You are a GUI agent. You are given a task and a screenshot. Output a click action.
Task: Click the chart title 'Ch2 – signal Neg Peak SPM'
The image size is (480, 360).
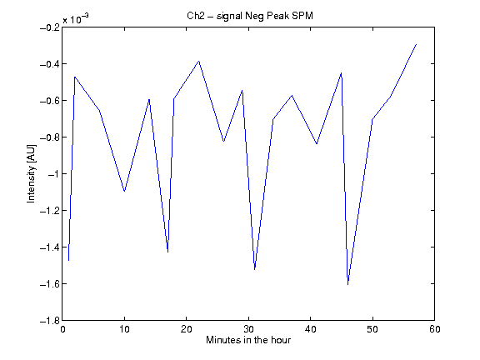pyautogui.click(x=250, y=16)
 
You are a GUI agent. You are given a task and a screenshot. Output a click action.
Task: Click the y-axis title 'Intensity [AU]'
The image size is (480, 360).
pyautogui.click(x=31, y=173)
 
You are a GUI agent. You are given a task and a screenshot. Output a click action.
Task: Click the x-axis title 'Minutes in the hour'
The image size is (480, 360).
pyautogui.click(x=248, y=340)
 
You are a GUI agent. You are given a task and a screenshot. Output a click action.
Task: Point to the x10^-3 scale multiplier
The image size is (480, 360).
pyautogui.click(x=76, y=18)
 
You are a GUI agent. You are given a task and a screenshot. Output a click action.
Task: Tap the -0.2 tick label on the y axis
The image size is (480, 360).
pyautogui.click(x=50, y=27)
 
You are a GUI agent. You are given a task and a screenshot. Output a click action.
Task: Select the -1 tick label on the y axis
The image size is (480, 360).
pyautogui.click(x=53, y=174)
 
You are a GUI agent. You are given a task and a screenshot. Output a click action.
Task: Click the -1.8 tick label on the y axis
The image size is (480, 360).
pyautogui.click(x=50, y=321)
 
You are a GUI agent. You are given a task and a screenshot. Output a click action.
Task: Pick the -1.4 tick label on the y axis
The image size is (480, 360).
pyautogui.click(x=50, y=247)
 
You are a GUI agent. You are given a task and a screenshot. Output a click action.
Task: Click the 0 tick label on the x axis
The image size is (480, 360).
pyautogui.click(x=62, y=329)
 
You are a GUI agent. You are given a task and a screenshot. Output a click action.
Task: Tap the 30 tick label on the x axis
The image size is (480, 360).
pyautogui.click(x=248, y=329)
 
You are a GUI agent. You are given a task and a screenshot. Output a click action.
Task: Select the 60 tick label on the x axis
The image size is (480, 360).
pyautogui.click(x=435, y=329)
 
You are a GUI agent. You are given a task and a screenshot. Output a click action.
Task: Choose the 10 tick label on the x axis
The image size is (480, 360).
pyautogui.click(x=125, y=329)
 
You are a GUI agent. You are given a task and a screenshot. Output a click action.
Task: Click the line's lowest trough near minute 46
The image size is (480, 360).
pyautogui.click(x=347, y=284)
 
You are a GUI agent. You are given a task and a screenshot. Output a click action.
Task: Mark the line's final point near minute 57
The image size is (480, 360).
pyautogui.click(x=416, y=45)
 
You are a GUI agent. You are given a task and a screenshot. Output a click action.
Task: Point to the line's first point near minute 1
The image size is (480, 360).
pyautogui.click(x=69, y=261)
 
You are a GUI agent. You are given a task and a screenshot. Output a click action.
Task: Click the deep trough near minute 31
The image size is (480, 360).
pyautogui.click(x=255, y=269)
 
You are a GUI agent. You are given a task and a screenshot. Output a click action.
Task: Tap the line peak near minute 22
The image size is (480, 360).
pyautogui.click(x=199, y=61)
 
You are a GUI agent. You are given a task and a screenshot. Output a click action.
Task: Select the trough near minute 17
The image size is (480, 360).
pyautogui.click(x=167, y=252)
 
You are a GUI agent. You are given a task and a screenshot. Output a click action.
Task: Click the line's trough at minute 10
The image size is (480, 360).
pyautogui.click(x=125, y=192)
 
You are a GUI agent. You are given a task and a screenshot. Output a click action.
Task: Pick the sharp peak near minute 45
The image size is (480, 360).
pyautogui.click(x=342, y=73)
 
